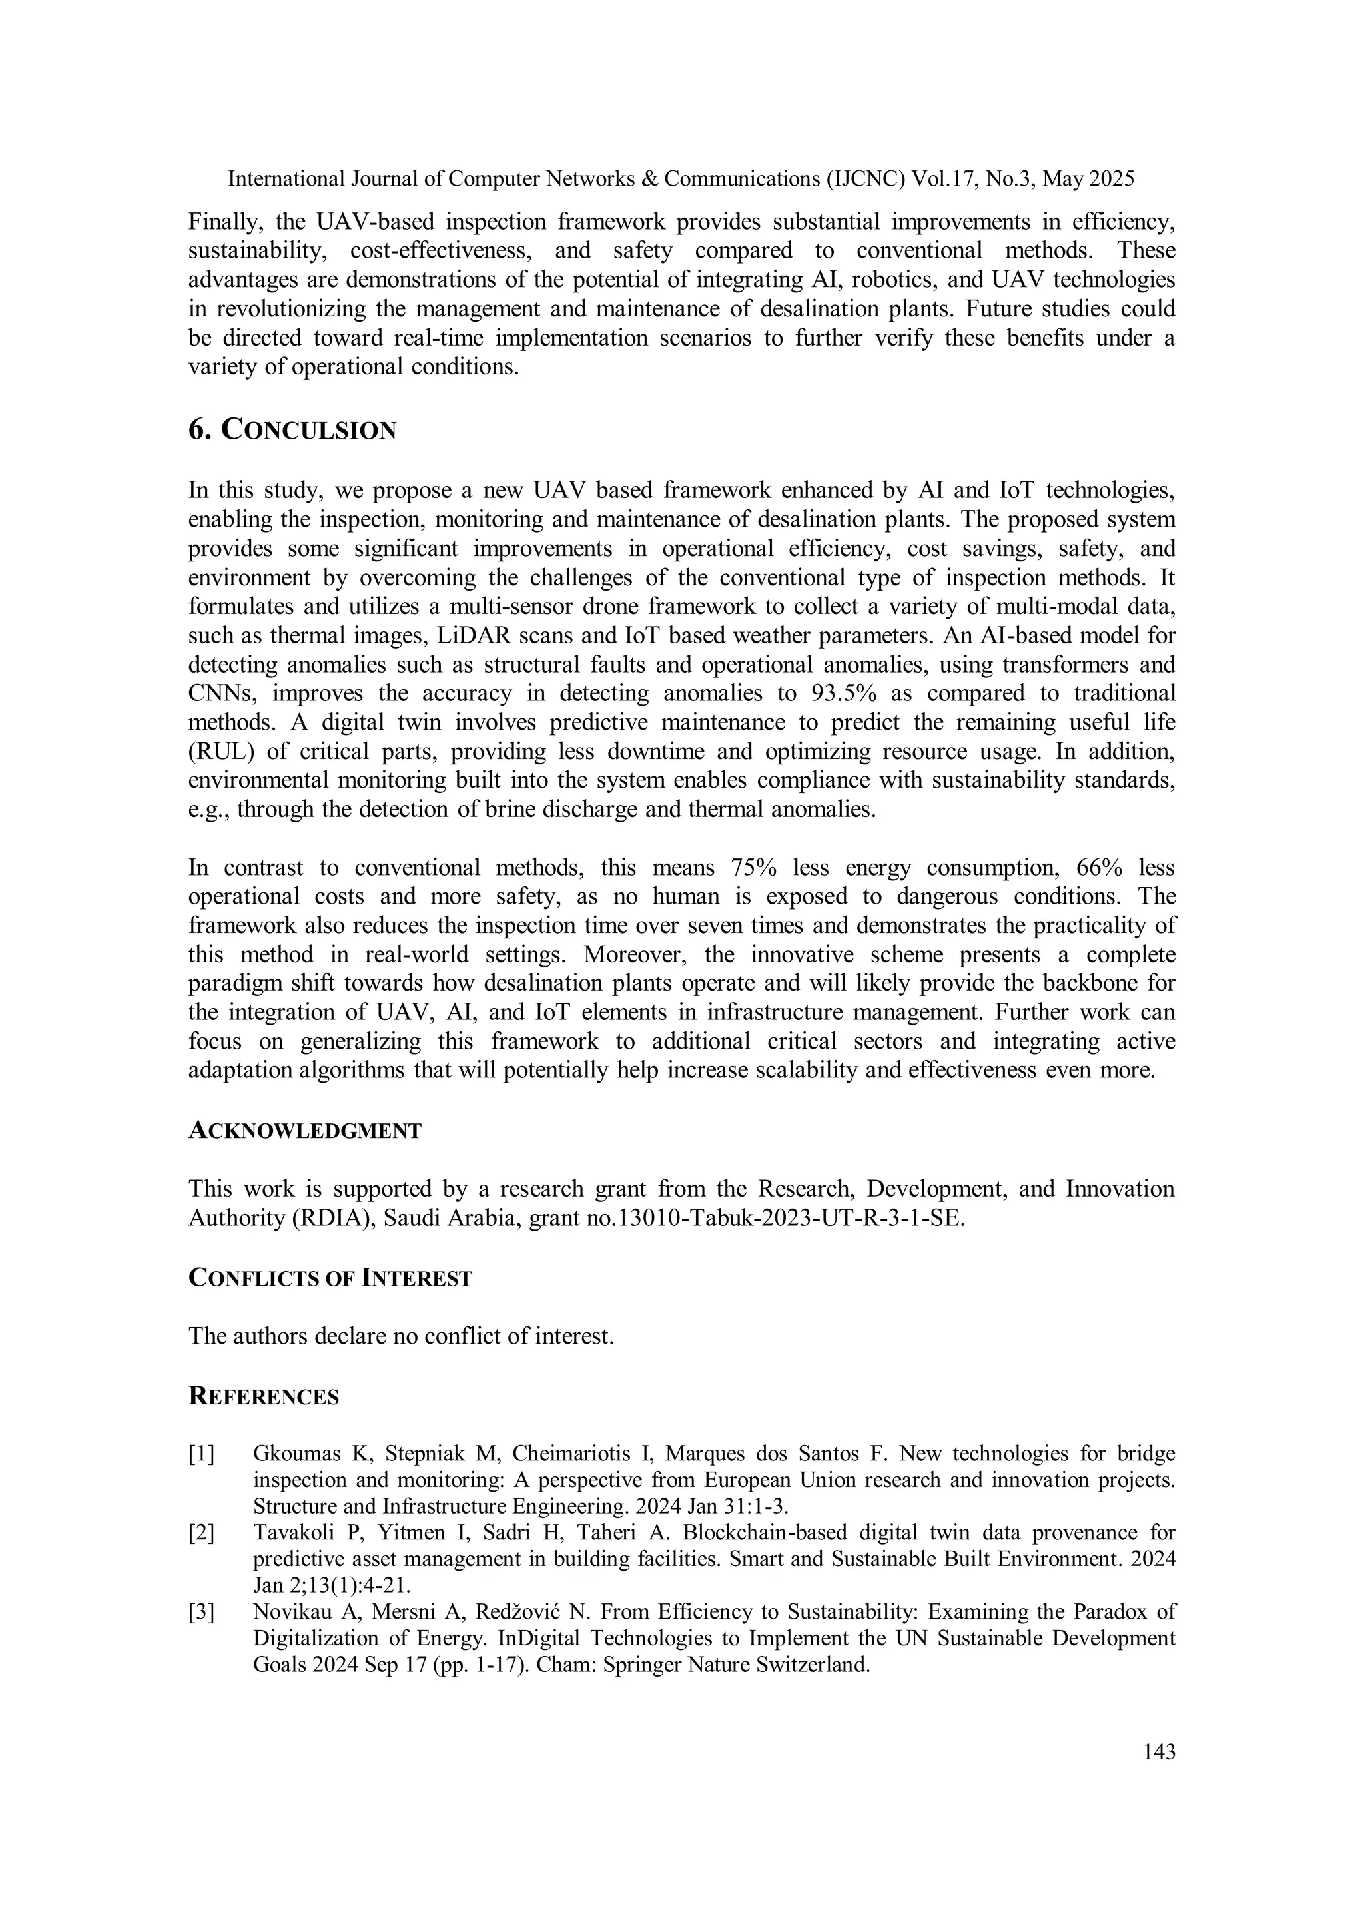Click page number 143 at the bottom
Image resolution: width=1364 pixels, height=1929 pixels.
[x=1159, y=1753]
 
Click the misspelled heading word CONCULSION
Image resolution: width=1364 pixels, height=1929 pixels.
[x=308, y=431]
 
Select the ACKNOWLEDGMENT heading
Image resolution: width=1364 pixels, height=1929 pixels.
[x=304, y=1131]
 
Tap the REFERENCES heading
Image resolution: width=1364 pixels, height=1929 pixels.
[x=263, y=1396]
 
